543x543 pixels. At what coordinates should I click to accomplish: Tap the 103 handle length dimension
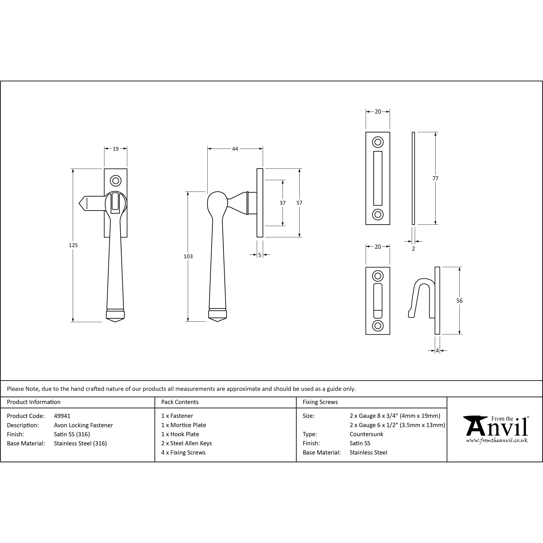click(188, 256)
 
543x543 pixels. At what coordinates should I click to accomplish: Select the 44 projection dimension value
click(235, 149)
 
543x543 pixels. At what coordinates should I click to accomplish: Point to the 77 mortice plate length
click(435, 178)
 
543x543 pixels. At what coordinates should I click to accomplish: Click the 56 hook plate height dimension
click(459, 301)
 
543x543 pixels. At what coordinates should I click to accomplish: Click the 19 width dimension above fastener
click(115, 149)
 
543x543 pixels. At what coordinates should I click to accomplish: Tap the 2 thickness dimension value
click(413, 249)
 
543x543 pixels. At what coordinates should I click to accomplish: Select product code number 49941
click(62, 416)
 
